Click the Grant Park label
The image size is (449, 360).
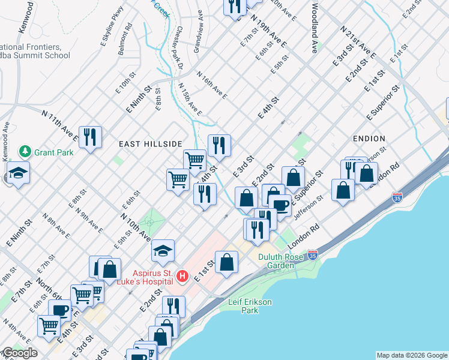(53, 152)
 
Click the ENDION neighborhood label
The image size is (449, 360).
(369, 139)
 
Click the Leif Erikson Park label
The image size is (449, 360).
(251, 306)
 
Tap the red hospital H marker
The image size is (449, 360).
(182, 277)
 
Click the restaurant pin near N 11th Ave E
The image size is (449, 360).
(90, 137)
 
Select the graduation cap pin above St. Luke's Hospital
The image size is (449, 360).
(163, 251)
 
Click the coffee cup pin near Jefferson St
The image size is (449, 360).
(280, 205)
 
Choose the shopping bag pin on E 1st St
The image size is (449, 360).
(227, 262)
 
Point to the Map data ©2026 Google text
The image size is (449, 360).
(412, 355)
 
